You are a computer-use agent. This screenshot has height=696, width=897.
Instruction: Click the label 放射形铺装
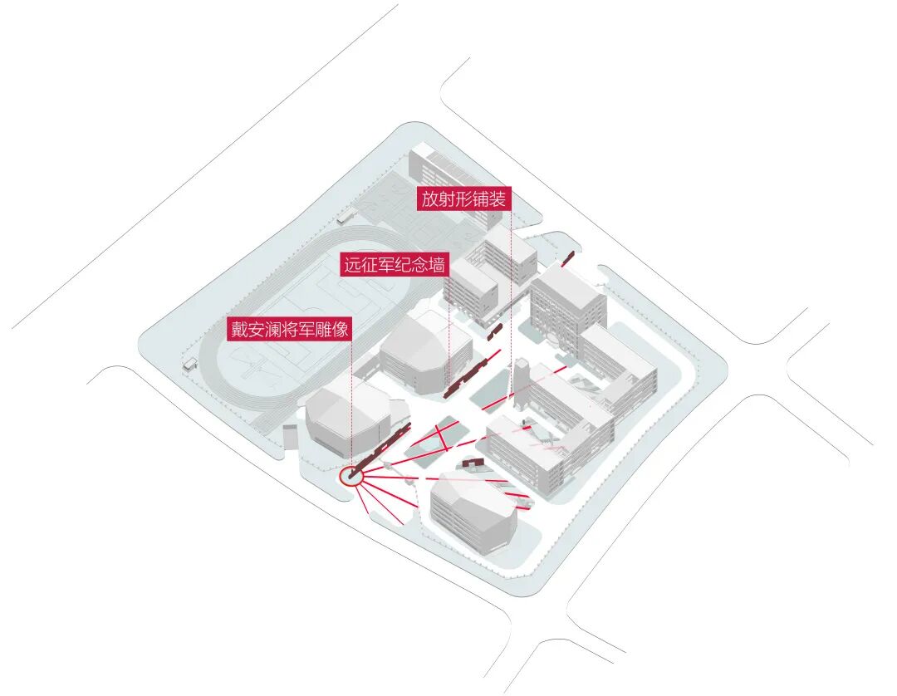[463, 199]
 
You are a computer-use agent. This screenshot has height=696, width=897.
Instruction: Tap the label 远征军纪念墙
[395, 266]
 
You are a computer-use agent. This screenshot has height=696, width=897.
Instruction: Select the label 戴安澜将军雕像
[290, 329]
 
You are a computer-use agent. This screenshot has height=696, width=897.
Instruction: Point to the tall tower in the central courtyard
[522, 386]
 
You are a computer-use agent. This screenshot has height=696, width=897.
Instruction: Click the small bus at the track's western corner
[190, 364]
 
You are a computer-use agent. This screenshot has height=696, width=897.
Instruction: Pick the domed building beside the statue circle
[347, 415]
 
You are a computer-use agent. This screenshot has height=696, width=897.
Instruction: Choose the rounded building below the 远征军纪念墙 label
[418, 349]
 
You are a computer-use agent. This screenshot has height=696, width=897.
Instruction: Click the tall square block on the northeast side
[567, 303]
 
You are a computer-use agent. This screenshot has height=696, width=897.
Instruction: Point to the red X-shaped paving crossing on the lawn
[440, 438]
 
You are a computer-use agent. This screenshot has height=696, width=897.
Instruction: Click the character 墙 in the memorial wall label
[439, 266]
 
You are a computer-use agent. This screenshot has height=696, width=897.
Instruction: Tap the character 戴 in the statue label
[240, 329]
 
